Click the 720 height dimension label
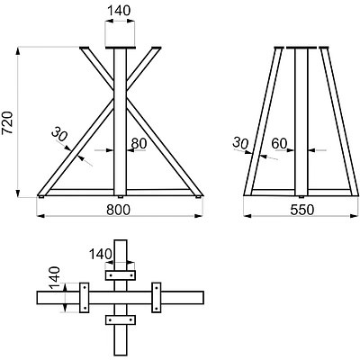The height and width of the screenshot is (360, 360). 7,122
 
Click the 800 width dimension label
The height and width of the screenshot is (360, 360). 119,210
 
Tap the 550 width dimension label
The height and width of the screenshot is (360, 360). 302,210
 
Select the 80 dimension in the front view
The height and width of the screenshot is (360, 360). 139,144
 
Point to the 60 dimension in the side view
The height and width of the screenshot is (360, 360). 279,144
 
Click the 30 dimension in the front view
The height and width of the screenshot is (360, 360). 59,134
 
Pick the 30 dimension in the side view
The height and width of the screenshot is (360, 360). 240,143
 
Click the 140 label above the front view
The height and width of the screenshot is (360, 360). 119,11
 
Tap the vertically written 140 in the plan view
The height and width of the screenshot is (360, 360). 55,278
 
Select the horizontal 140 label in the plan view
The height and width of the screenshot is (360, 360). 101,255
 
